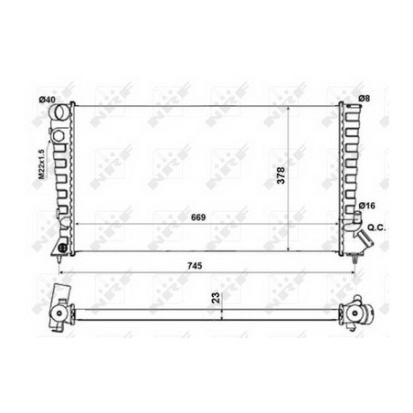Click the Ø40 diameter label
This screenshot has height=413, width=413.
click(47, 100)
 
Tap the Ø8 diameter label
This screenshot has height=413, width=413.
click(364, 98)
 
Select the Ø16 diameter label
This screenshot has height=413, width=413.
click(366, 206)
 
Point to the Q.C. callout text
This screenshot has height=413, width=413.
click(376, 228)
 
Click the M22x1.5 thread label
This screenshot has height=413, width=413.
click(41, 164)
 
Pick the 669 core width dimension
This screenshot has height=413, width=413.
click(198, 217)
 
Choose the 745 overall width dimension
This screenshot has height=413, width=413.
click(195, 266)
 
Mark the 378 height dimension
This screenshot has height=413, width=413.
click(281, 175)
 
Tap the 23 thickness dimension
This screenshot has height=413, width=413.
click(216, 298)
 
